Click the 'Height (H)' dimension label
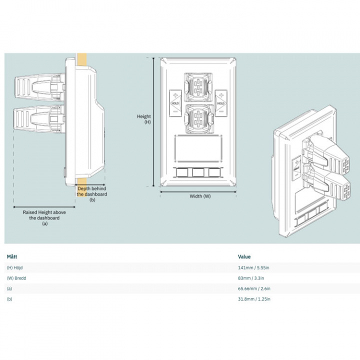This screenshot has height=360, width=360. (x=144, y=119)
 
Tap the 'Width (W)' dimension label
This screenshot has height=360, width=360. (x=200, y=196)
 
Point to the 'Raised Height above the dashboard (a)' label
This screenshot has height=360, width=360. (x=44, y=218)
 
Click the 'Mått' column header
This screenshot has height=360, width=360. (x=11, y=256)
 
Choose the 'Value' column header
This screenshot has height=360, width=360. (x=244, y=256)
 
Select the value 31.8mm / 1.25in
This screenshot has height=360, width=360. (x=254, y=299)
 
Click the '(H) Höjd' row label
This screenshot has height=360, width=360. (x=16, y=268)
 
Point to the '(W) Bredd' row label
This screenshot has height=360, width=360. (x=17, y=278)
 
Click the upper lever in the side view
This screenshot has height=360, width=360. (x=37, y=88)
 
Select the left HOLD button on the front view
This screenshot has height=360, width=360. (x=175, y=102)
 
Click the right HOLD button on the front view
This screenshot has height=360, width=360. (x=220, y=102)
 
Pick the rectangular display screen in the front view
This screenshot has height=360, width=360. (x=198, y=148)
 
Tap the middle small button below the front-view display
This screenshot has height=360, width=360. (x=198, y=172)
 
